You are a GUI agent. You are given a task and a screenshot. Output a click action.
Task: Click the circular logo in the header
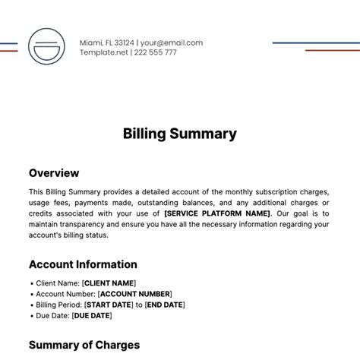(47, 47)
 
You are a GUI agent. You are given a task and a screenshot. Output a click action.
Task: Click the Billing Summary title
(180, 134)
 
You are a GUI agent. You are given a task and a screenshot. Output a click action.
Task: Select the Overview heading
(54, 172)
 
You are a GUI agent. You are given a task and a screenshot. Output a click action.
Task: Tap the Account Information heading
(83, 264)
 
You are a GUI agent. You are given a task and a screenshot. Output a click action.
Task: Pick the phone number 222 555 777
(156, 53)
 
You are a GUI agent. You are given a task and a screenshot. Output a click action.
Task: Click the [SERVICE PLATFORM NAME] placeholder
(216, 213)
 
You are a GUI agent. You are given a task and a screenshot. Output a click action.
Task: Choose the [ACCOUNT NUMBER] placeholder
(135, 293)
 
